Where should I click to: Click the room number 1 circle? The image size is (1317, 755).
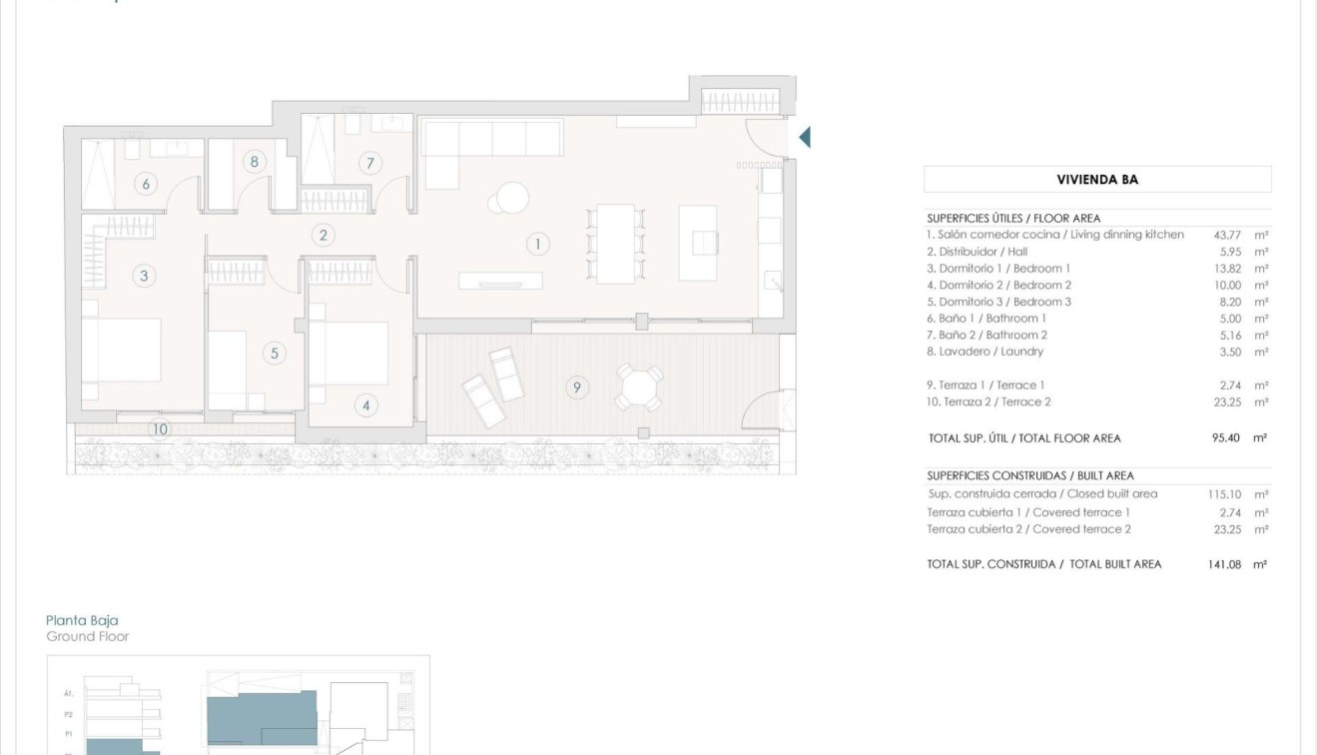click(537, 243)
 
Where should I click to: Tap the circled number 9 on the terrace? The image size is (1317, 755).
click(576, 386)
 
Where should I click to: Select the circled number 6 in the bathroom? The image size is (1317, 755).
click(146, 184)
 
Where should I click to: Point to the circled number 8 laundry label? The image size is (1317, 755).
click(255, 162)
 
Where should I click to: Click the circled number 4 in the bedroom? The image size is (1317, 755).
click(366, 405)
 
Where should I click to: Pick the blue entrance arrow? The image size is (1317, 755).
click(804, 137)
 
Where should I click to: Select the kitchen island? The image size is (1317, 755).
click(698, 243)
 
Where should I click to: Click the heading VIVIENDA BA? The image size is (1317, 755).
click(1097, 180)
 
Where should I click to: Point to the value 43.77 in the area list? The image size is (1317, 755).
click(1226, 235)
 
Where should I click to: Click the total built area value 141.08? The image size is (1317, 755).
click(1223, 564)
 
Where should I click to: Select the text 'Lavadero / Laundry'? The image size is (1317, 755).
click(990, 352)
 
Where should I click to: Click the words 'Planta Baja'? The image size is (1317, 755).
click(82, 620)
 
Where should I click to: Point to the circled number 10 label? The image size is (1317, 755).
click(160, 429)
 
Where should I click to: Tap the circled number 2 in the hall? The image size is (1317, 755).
click(322, 236)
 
